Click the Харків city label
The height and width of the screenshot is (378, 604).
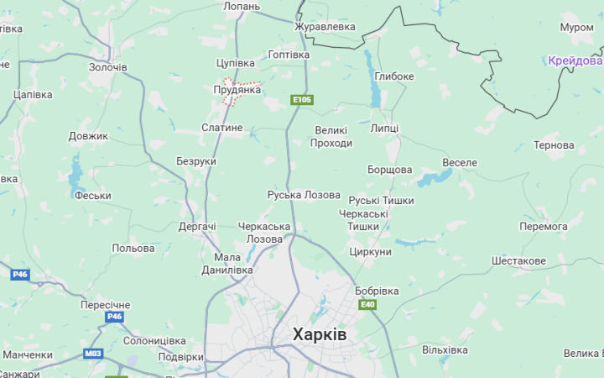point(319,334)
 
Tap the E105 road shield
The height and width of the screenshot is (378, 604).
point(301,100)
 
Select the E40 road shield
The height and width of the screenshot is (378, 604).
point(367,304)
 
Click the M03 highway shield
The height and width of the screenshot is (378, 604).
point(92,354)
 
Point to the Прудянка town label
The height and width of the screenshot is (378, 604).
point(237,90)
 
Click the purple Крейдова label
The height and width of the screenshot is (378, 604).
point(575,60)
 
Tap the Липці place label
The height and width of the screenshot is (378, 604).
point(384,128)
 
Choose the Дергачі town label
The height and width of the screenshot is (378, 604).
point(197,227)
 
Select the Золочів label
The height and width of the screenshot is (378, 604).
point(108,66)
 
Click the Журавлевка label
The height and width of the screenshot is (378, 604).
point(325,27)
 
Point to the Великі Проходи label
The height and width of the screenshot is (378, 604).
point(331,137)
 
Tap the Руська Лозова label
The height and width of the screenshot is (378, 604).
point(304,195)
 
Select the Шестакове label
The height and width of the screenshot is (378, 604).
point(518,261)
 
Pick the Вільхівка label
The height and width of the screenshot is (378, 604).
point(445,349)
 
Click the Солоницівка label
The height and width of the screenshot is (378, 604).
point(154,340)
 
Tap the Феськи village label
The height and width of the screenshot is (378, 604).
point(93,196)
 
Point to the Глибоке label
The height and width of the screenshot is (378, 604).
point(394,76)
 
